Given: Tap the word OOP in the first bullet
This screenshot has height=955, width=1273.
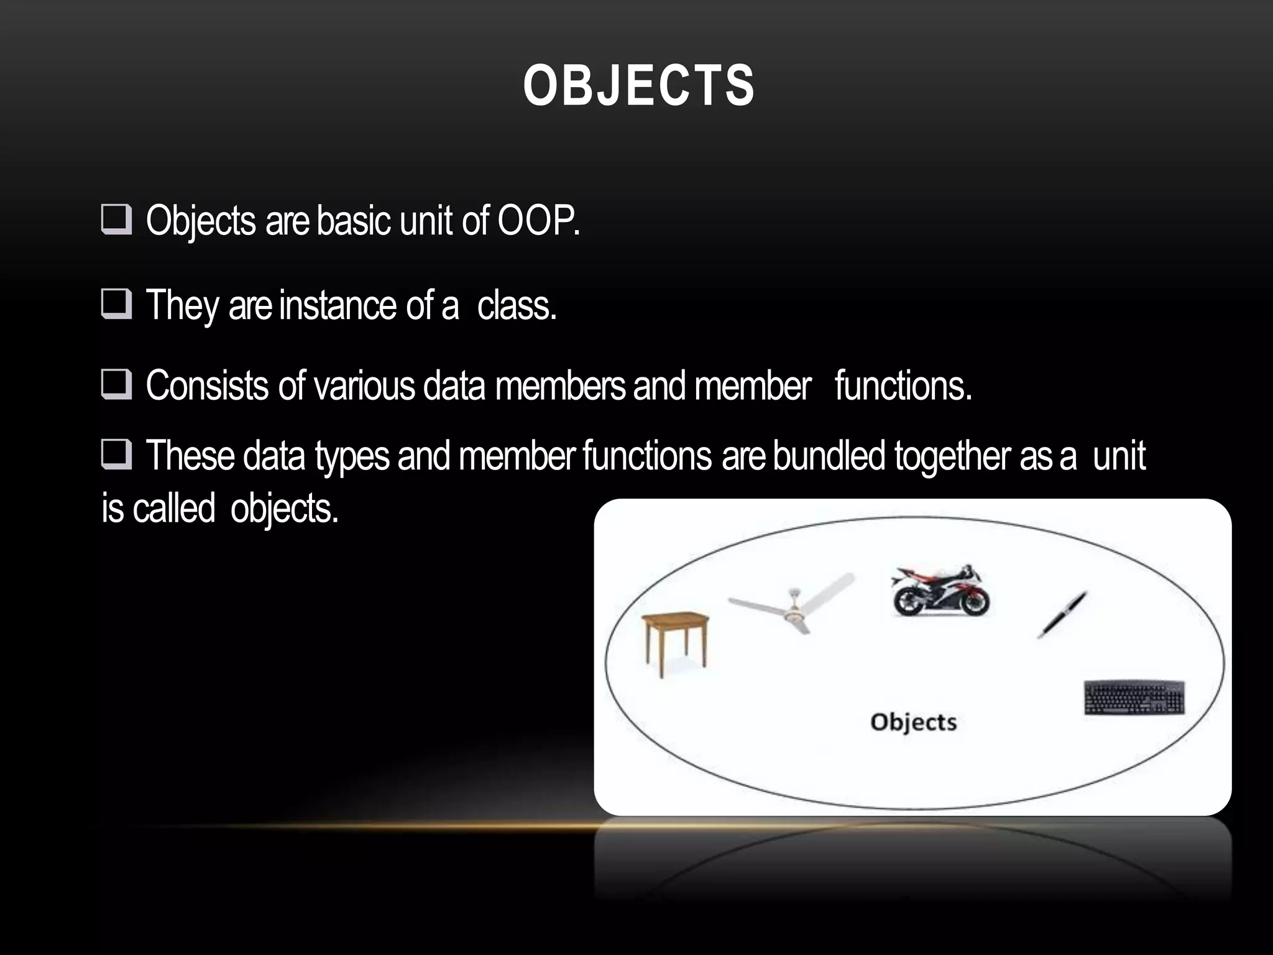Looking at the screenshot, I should pyautogui.click(x=538, y=221).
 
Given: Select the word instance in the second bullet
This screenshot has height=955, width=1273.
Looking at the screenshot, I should pyautogui.click(x=339, y=306).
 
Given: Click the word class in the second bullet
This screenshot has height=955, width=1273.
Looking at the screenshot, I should pyautogui.click(x=516, y=306).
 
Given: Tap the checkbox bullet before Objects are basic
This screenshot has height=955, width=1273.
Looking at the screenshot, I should pyautogui.click(x=116, y=221).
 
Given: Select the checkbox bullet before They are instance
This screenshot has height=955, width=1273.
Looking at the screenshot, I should pyautogui.click(x=116, y=305).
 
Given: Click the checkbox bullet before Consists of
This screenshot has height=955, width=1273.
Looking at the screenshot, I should pyautogui.click(x=116, y=385).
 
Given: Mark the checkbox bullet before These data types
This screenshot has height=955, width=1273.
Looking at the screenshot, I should pyautogui.click(x=116, y=455).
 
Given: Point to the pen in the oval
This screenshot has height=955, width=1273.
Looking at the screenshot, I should pyautogui.click(x=1062, y=614).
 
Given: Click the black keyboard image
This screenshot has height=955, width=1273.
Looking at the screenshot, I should pyautogui.click(x=1134, y=698).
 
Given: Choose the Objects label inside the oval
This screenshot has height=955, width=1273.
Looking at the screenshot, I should pyautogui.click(x=913, y=722).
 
